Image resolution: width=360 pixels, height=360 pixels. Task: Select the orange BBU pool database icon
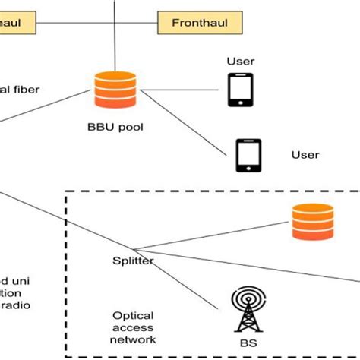click(x=115, y=90)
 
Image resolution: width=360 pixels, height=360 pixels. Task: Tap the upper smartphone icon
click(x=240, y=90)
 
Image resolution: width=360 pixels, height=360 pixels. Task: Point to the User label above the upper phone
click(x=240, y=61)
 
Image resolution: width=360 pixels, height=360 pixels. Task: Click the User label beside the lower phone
click(x=305, y=155)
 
